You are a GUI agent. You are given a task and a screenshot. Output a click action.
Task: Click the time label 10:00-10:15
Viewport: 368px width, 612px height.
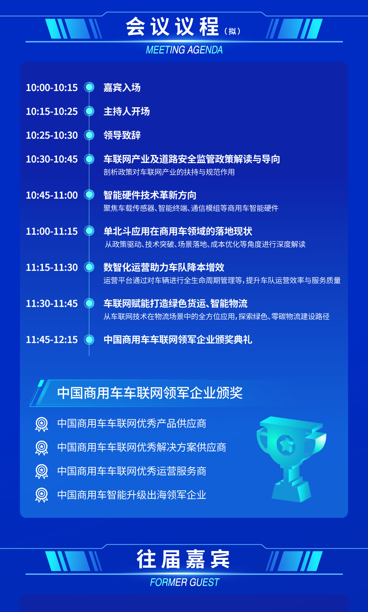pos(52,88)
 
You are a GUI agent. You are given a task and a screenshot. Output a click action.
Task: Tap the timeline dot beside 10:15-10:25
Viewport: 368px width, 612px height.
pos(89,111)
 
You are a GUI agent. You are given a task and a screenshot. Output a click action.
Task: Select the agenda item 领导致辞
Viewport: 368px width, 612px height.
pos(122,135)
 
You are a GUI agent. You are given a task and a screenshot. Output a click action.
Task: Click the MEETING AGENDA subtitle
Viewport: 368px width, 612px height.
pos(184,50)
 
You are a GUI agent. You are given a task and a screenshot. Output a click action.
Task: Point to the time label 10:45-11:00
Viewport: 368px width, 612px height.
pos(52,195)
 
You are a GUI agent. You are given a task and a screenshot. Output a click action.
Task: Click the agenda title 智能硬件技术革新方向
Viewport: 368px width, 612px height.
pos(150,195)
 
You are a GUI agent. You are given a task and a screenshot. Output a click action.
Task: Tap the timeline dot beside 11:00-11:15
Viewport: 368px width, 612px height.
pos(89,231)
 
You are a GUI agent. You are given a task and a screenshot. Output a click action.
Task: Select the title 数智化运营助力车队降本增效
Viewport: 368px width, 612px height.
pos(164,267)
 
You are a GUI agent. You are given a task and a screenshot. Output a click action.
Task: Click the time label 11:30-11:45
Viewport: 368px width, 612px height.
pos(52,303)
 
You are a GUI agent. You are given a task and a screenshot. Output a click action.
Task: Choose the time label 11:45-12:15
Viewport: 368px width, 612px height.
pos(52,340)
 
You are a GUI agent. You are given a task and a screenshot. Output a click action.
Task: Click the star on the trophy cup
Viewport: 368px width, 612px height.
pos(286,444)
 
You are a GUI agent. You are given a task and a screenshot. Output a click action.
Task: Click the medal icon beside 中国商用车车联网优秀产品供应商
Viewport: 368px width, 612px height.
pos(42,424)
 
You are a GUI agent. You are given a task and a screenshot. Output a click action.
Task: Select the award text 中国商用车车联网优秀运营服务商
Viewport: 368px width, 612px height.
pos(132,471)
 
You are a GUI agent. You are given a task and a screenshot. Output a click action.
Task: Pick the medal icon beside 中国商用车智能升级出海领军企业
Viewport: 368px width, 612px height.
pos(42,495)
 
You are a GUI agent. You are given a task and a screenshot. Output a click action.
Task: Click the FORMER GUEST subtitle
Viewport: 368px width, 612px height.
pos(184,582)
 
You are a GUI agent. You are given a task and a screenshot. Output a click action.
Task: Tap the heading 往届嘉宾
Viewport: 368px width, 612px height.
pos(183,559)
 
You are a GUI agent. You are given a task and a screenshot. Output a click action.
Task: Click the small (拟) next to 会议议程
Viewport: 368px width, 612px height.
pos(232,31)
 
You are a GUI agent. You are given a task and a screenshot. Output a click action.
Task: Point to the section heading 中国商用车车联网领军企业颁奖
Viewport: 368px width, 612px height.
pos(150,393)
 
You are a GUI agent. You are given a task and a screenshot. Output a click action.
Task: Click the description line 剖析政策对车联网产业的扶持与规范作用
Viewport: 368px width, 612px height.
pos(169,172)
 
